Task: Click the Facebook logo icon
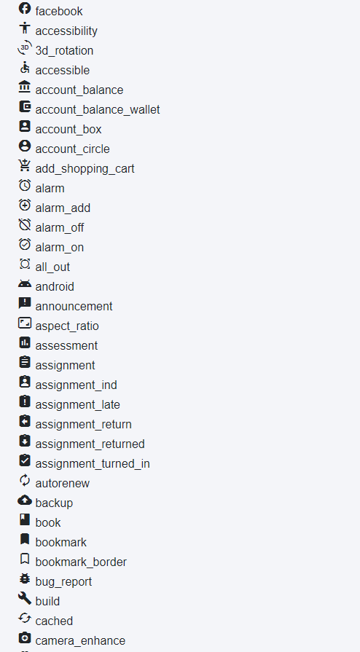tap(25, 8)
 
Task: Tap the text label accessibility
tap(66, 31)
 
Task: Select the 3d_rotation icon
tap(25, 47)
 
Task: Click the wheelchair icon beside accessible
tap(25, 67)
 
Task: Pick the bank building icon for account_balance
tap(25, 87)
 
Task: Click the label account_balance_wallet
tap(98, 110)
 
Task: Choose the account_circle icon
tap(25, 146)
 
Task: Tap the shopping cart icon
tap(25, 165)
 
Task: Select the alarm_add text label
tap(63, 208)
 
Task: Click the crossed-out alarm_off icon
tap(25, 224)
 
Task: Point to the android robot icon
tap(25, 283)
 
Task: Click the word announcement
tap(74, 307)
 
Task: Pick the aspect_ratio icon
tap(25, 323)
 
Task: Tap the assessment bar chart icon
tap(25, 342)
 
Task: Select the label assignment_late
tap(77, 405)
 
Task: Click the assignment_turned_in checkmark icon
tap(25, 460)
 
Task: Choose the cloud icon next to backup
tap(25, 500)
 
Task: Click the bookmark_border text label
tap(81, 562)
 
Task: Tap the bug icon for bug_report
tap(25, 578)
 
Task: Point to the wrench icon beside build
tap(25, 598)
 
